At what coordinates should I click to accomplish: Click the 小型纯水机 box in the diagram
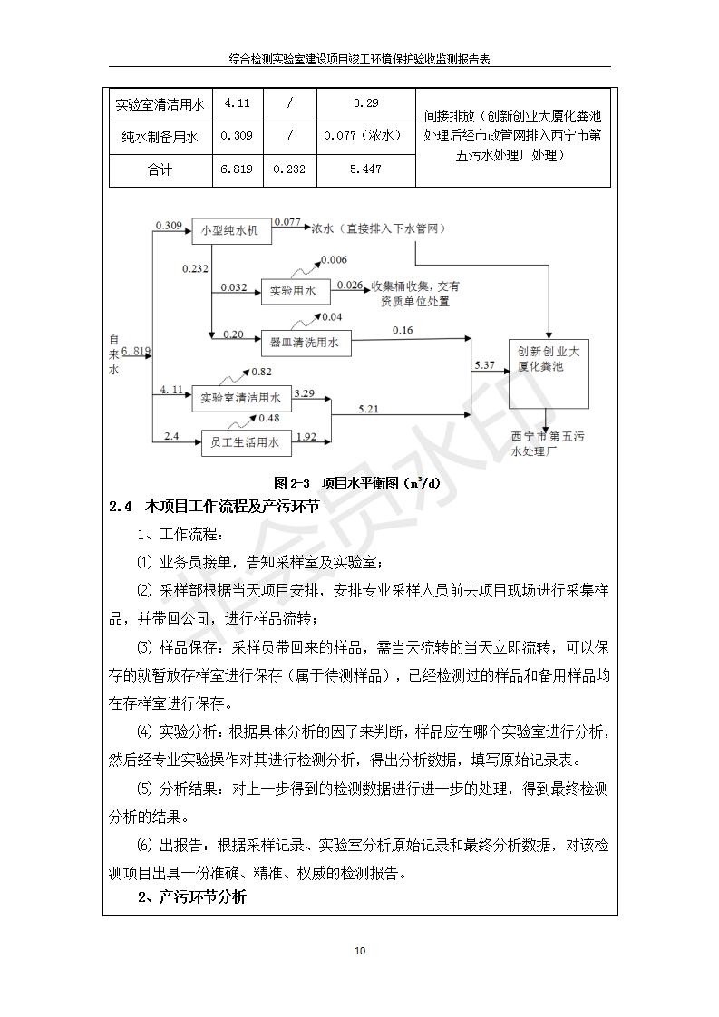229,231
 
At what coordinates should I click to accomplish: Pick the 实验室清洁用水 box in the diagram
240,397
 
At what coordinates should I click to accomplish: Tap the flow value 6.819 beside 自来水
135,350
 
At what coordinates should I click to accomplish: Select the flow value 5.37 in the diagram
484,364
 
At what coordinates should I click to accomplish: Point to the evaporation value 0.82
261,373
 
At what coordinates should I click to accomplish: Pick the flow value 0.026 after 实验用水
350,285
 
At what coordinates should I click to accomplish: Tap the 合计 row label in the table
160,169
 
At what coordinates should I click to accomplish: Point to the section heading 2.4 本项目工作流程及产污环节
213,507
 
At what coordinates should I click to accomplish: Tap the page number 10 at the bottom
360,950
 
